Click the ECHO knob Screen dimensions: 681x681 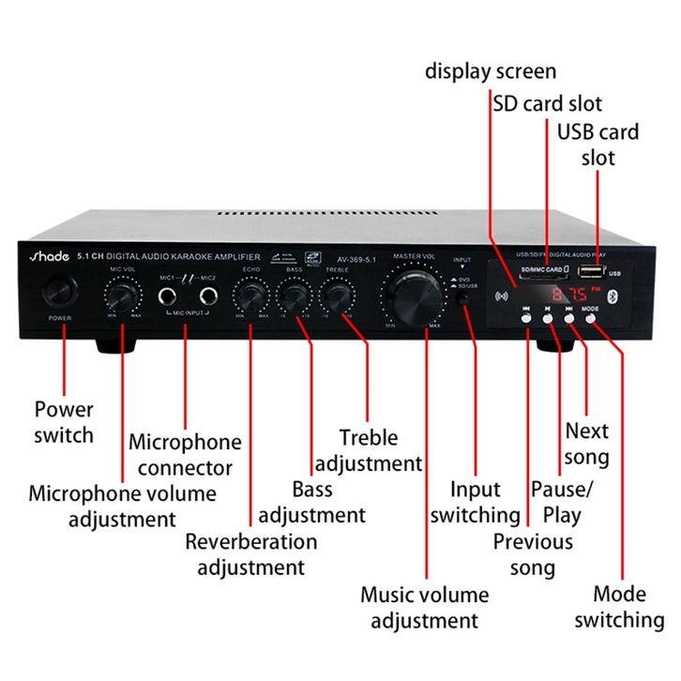point(250,297)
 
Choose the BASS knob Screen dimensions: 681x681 point(294,297)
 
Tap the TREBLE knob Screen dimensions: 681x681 point(336,297)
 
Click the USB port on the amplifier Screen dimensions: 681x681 point(592,272)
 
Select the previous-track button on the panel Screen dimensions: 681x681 point(527,317)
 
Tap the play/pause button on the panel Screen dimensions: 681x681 point(548,317)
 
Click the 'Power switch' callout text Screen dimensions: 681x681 point(64,422)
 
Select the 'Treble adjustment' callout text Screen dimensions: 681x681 point(369,450)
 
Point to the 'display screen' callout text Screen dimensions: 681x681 point(491,70)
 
